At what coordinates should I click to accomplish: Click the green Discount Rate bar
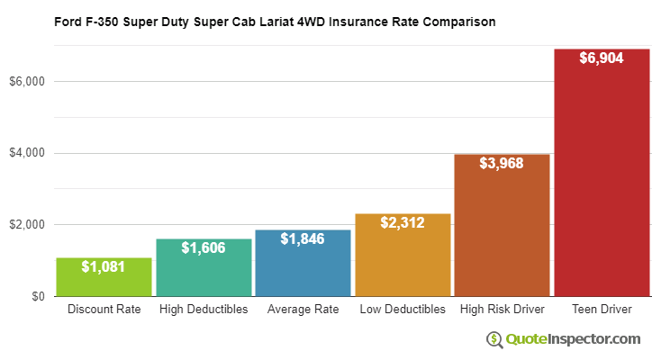click(x=104, y=279)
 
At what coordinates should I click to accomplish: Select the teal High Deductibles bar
click(x=204, y=270)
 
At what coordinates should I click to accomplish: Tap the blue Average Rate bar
click(x=303, y=265)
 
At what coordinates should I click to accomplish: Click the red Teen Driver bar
click(x=602, y=180)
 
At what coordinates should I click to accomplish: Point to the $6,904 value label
click(x=602, y=58)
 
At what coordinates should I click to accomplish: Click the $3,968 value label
click(x=502, y=164)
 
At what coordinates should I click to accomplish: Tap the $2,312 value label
click(x=403, y=223)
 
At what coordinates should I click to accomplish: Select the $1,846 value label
click(x=303, y=239)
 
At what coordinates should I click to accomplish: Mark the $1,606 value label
click(x=204, y=248)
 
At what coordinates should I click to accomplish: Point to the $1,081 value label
click(x=104, y=266)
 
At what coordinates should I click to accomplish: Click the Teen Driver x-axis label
click(x=602, y=310)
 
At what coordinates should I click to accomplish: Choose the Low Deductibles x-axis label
click(x=403, y=310)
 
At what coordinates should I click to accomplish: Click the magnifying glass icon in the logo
click(x=495, y=339)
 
